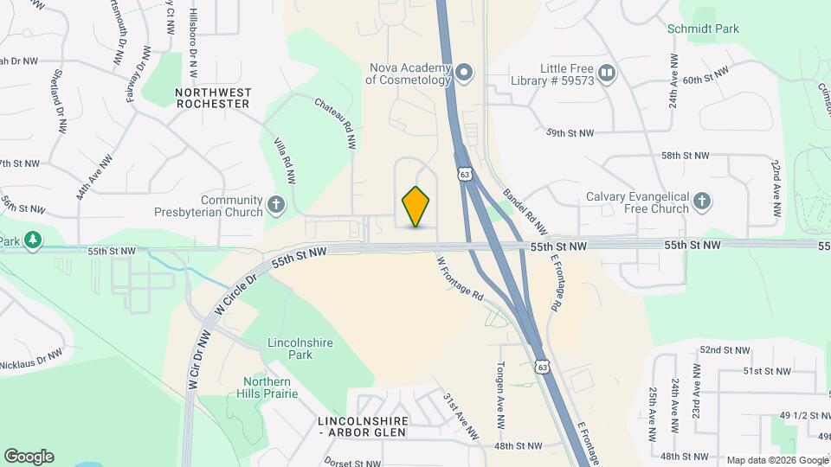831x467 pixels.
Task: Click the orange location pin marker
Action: click(x=416, y=207)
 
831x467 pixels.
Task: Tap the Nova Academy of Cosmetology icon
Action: click(x=464, y=72)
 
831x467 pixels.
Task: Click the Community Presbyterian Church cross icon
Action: click(x=276, y=205)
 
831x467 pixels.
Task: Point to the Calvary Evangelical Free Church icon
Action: click(x=703, y=202)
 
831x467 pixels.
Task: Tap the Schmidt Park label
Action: click(x=703, y=29)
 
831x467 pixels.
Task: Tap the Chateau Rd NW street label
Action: click(x=336, y=115)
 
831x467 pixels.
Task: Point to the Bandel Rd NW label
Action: click(x=525, y=211)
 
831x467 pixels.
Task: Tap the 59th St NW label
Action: click(x=570, y=133)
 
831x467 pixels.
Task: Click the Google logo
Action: click(x=29, y=457)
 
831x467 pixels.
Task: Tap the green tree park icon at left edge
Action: click(x=33, y=240)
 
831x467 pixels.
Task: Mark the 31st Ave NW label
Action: click(x=461, y=415)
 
